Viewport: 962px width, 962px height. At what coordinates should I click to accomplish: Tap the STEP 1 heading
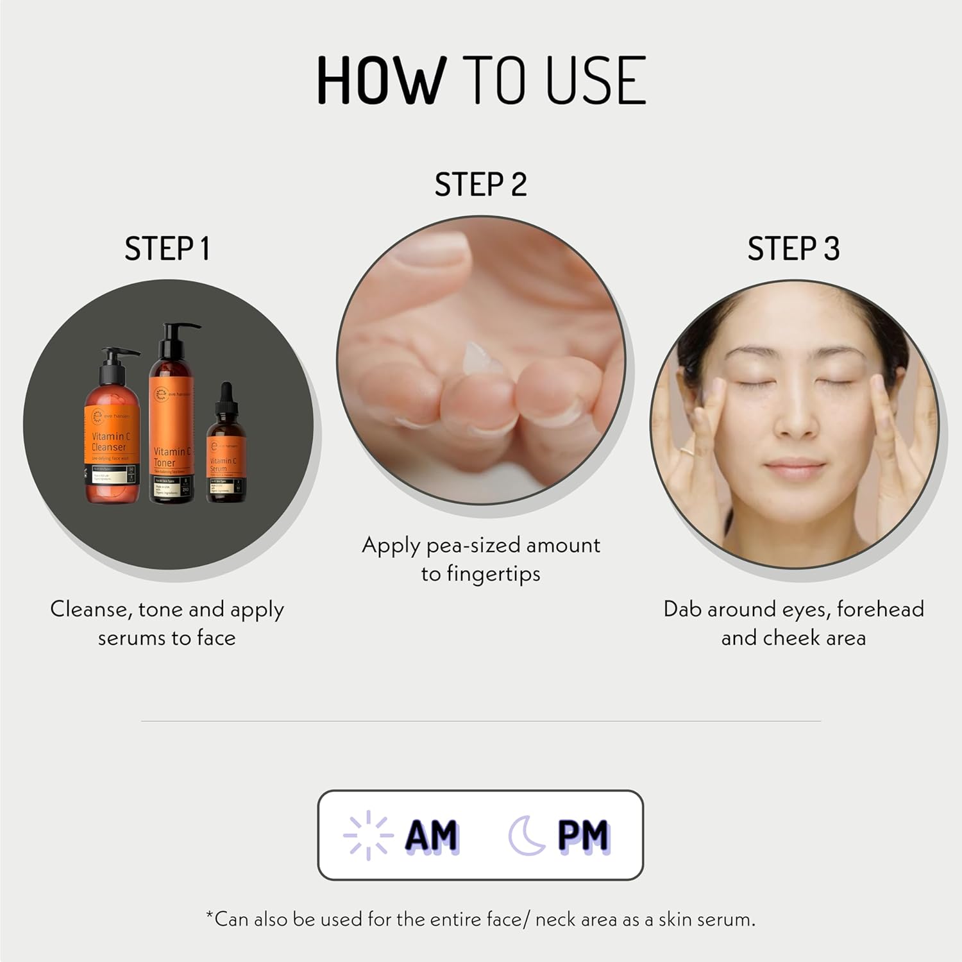tap(167, 249)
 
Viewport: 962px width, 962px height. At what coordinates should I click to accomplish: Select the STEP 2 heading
tap(480, 185)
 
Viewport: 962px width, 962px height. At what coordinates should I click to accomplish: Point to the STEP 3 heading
tap(793, 249)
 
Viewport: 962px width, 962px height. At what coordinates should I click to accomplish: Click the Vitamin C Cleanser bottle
tap(112, 443)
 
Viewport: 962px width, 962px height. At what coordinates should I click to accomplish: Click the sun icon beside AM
tap(367, 835)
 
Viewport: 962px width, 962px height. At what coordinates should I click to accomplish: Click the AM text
tap(432, 835)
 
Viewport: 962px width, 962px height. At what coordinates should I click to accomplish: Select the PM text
tap(583, 835)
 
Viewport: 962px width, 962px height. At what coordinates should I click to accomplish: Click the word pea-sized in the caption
tap(473, 546)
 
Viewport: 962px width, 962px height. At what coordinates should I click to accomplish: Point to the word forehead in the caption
tap(880, 609)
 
